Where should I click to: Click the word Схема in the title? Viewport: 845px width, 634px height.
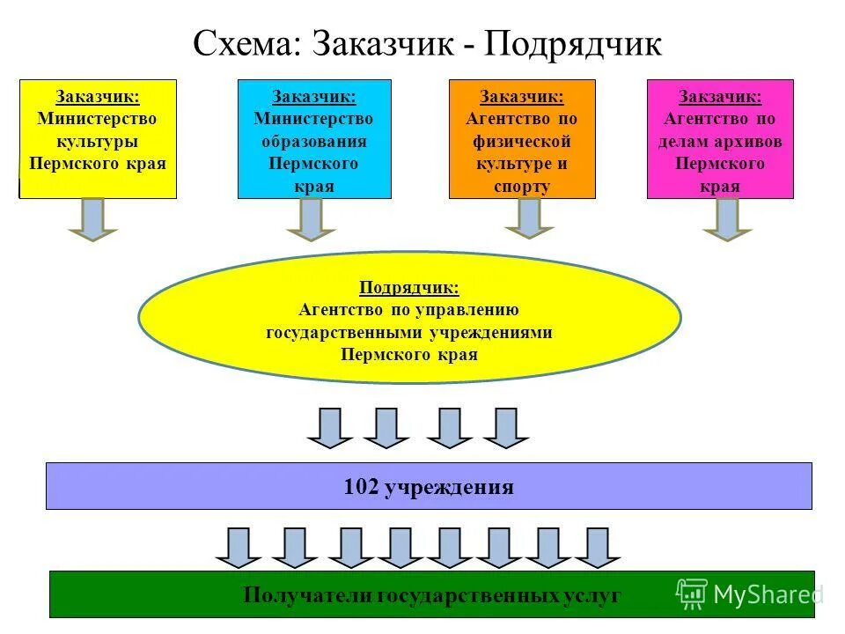coord(246,44)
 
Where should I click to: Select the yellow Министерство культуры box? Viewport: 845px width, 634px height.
coord(98,138)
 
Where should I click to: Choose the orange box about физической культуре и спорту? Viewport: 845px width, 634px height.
coord(522,138)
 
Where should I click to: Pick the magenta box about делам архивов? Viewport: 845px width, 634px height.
coord(720,138)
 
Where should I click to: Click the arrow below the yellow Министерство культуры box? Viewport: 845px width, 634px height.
coord(92,219)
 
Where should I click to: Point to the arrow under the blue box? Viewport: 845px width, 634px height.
coord(311,219)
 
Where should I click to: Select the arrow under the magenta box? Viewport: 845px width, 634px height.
coord(727,219)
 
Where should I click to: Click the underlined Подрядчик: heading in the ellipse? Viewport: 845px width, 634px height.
coord(409,288)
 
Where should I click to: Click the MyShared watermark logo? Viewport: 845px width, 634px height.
coord(749,594)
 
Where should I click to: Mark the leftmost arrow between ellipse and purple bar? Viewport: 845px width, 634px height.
coord(330,428)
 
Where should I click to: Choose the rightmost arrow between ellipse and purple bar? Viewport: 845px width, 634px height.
coord(506,428)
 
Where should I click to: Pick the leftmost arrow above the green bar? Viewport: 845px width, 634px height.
coord(239,547)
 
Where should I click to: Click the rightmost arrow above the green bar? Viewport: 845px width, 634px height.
coord(598,547)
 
